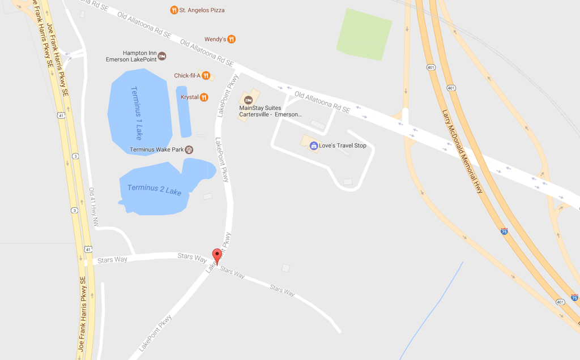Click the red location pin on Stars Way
[x=216, y=256]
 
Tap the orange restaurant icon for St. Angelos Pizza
[x=174, y=10]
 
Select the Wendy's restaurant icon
[x=231, y=39]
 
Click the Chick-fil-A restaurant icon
[x=206, y=76]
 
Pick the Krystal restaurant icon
[x=204, y=97]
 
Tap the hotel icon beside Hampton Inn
[x=162, y=56]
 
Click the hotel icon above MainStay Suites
[x=248, y=100]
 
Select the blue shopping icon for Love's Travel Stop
[x=313, y=145]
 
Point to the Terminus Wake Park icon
[x=189, y=150]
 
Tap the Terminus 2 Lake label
[x=154, y=190]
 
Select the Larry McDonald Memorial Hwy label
[x=462, y=151]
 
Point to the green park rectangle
[x=364, y=35]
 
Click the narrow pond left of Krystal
[x=184, y=112]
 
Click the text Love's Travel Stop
[x=343, y=145]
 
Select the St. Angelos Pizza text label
[x=202, y=10]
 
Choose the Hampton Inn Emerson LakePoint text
[x=131, y=56]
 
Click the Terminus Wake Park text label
[x=157, y=150]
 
